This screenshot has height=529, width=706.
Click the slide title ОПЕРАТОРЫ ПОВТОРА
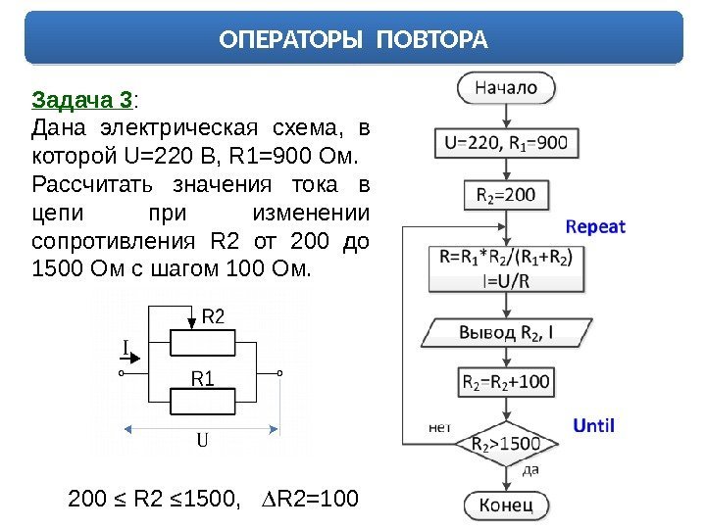353,40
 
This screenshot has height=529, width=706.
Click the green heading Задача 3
83,100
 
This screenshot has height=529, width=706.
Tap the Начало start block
506,87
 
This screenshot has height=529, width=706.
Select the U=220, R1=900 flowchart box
506,143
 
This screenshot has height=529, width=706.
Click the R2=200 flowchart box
506,195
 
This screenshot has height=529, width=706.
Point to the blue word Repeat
595,226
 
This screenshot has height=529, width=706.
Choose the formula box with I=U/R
506,268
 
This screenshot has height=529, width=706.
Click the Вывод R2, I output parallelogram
506,332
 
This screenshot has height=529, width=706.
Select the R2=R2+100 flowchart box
506,380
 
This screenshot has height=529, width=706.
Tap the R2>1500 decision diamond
506,442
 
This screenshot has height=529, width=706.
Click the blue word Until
593,425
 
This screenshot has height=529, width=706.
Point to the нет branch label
440,427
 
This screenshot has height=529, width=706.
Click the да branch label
530,469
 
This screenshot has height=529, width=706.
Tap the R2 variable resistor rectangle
203,343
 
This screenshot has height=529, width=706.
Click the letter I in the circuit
126,347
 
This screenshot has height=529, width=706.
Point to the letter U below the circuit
203,440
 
